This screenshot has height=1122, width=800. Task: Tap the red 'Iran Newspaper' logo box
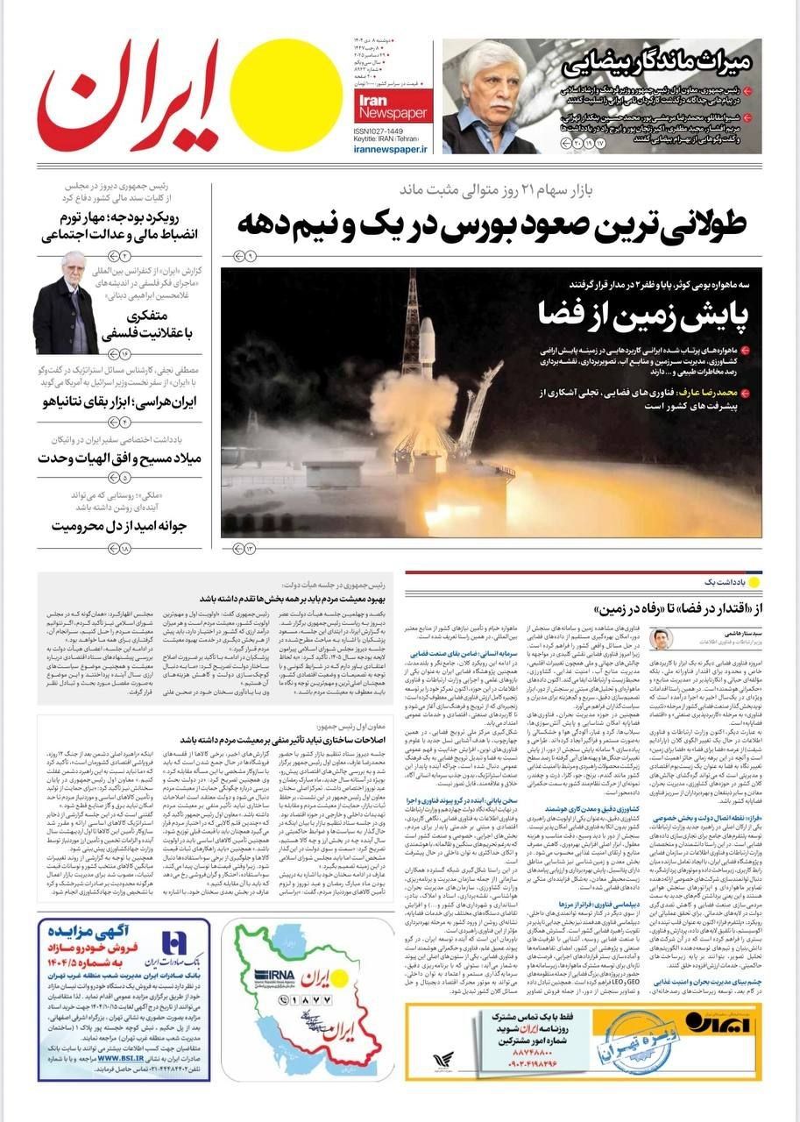[404, 107]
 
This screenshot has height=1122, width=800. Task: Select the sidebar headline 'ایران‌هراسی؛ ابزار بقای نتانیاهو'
[105, 402]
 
